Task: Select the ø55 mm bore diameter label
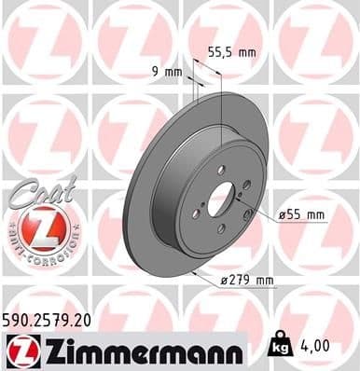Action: click(x=303, y=215)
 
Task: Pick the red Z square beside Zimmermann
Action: click(x=19, y=350)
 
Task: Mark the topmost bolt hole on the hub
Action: click(x=221, y=169)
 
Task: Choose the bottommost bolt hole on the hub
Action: click(x=220, y=229)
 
